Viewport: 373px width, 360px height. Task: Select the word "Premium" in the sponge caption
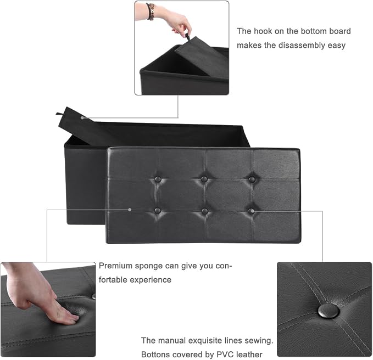point(115,266)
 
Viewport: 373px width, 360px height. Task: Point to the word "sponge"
point(147,266)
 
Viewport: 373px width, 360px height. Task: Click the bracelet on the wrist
point(151,11)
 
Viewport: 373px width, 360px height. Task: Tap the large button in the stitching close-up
point(329,311)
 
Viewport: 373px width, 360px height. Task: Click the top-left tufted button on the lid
point(158,178)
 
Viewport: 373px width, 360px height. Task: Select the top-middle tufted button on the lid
point(204,179)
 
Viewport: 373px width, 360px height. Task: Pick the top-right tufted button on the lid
point(252,179)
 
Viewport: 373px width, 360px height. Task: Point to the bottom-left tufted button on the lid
point(157,210)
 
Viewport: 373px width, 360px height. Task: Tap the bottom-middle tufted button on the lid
point(204,211)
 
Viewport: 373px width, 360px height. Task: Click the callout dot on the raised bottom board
point(82,117)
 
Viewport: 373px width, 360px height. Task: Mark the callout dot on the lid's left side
point(130,210)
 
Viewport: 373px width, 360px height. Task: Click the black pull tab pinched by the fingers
point(188,37)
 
